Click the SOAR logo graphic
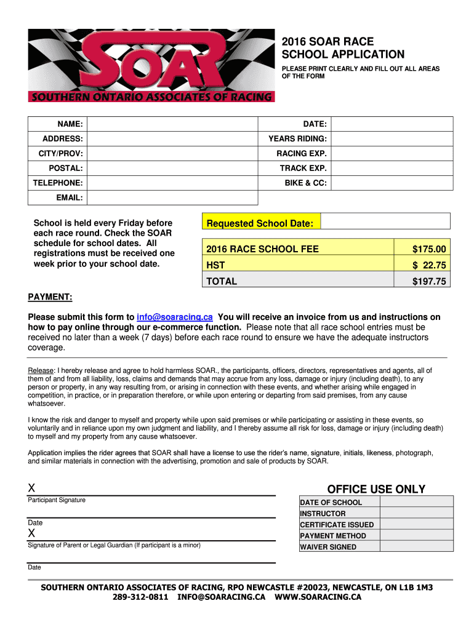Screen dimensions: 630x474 151,64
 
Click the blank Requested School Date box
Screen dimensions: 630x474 386,221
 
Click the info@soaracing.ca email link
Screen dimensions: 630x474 175,317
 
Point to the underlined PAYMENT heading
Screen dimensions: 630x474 50,298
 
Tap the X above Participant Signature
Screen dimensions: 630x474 31,488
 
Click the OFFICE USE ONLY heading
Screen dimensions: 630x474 376,489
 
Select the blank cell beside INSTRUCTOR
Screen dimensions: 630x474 416,513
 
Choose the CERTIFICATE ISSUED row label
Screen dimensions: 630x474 337,525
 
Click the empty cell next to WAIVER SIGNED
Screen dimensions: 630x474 416,547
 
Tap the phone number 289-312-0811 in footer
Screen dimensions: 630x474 140,597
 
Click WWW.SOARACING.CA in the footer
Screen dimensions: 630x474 318,597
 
